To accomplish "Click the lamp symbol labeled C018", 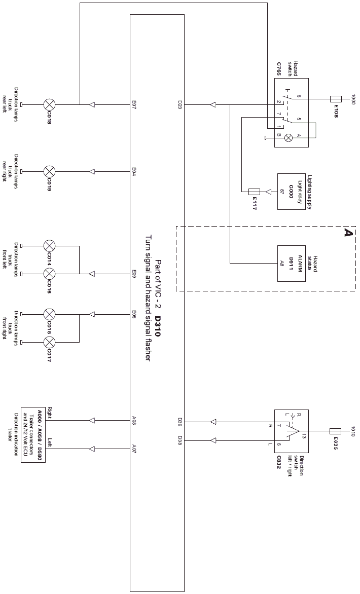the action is [x=49, y=104].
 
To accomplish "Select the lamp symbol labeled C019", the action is [x=49, y=172].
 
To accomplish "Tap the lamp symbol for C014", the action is [x=49, y=246].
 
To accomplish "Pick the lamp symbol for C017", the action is [x=49, y=343].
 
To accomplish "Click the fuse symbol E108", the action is [x=336, y=99].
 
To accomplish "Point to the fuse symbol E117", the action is [x=254, y=192].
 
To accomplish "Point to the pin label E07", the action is [x=134, y=104].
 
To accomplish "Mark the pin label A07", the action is [x=134, y=449].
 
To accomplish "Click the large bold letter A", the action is [x=348, y=232].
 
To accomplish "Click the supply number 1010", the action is [x=353, y=431].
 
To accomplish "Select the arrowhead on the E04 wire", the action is [x=91, y=172].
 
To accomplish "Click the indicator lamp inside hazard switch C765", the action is [x=289, y=138].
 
